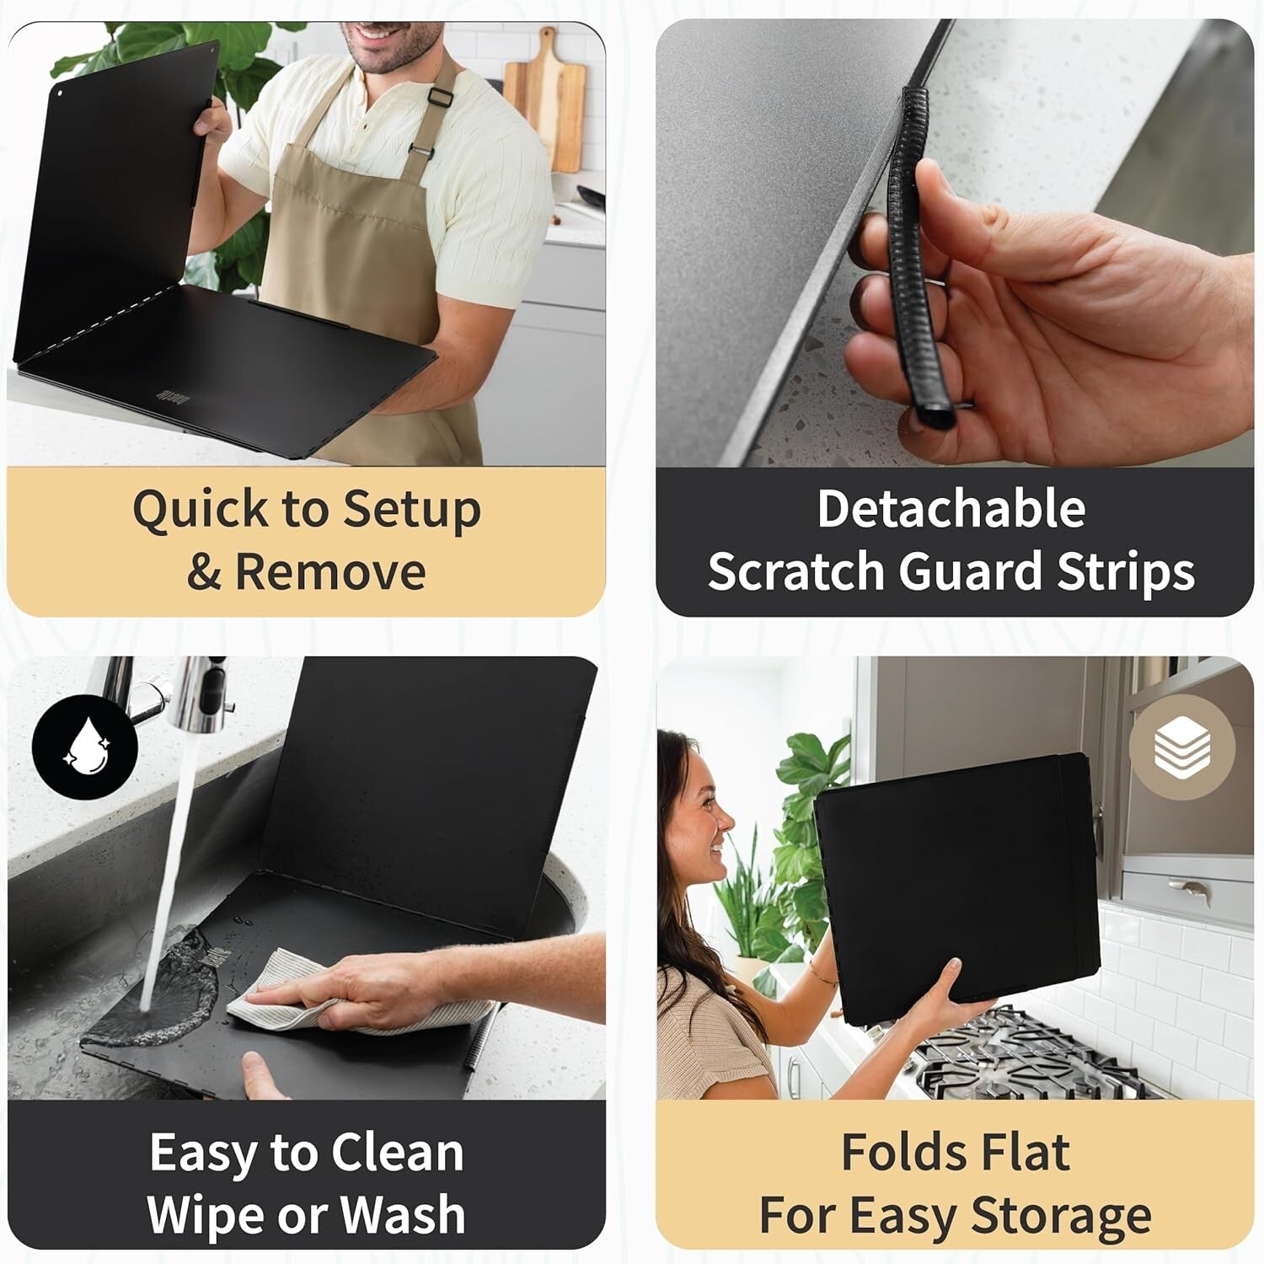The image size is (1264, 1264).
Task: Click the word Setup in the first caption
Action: point(412,511)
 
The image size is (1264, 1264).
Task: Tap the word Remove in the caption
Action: point(329,572)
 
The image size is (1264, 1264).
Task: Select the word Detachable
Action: point(951,509)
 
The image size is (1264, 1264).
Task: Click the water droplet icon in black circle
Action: point(84,747)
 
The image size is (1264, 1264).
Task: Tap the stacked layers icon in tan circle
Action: point(1182,747)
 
